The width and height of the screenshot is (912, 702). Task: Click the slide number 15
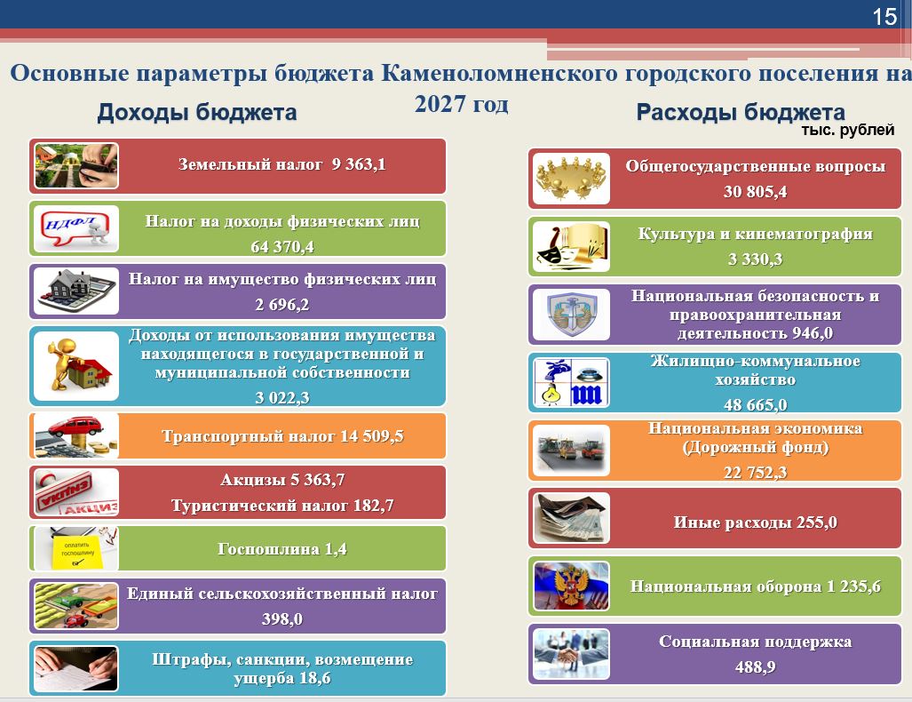pyautogui.click(x=884, y=16)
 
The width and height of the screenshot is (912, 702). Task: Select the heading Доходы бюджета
pyautogui.click(x=197, y=112)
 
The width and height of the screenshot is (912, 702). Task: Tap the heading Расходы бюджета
pyautogui.click(x=741, y=112)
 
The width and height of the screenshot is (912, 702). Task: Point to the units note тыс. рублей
pyautogui.click(x=847, y=130)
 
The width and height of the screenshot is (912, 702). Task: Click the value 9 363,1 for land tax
pyautogui.click(x=359, y=164)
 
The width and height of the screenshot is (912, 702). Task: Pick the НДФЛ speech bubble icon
pyautogui.click(x=76, y=228)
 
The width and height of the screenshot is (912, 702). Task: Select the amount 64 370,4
pyautogui.click(x=282, y=247)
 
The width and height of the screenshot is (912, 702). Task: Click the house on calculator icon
pyautogui.click(x=76, y=291)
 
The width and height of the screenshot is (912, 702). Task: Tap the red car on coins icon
pyautogui.click(x=76, y=436)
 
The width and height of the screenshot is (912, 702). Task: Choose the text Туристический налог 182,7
pyautogui.click(x=282, y=506)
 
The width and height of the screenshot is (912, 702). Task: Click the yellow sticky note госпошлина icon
pyautogui.click(x=76, y=548)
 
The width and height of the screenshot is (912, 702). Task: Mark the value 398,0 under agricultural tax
pyautogui.click(x=282, y=618)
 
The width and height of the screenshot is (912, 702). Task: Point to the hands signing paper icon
pyautogui.click(x=76, y=668)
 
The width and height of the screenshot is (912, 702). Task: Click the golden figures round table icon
pyautogui.click(x=571, y=178)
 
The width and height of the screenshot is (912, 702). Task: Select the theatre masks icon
pyautogui.click(x=571, y=246)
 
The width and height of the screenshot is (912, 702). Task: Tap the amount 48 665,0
pyautogui.click(x=755, y=404)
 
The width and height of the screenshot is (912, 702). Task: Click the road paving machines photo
pyautogui.click(x=571, y=450)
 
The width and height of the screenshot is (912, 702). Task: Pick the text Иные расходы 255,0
pyautogui.click(x=755, y=523)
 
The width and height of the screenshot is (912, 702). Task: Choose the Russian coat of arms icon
pyautogui.click(x=571, y=586)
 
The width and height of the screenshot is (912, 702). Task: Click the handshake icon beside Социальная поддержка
pyautogui.click(x=571, y=654)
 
